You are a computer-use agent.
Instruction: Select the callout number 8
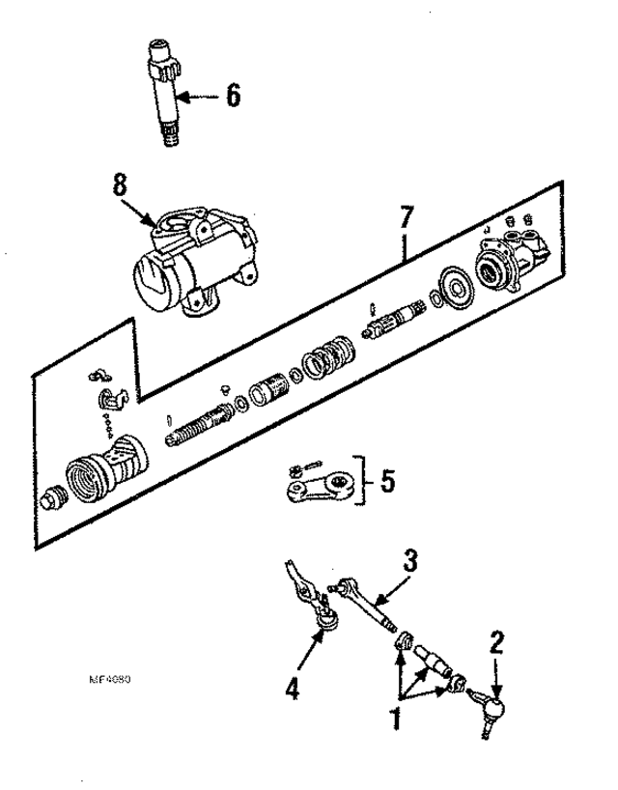(119, 185)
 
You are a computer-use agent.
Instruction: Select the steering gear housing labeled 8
(198, 261)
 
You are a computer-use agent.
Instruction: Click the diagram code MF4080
(109, 678)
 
